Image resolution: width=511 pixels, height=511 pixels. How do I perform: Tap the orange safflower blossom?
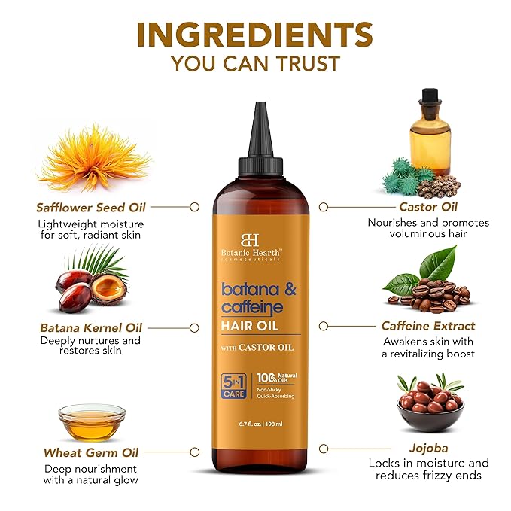coord(93,159)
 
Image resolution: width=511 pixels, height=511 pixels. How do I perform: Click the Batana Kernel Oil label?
coord(90,328)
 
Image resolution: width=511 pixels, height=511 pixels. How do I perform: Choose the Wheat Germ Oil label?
coord(90,453)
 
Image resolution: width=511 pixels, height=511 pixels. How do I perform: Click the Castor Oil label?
coord(428,206)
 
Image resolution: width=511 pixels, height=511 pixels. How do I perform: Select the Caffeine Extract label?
coord(428,326)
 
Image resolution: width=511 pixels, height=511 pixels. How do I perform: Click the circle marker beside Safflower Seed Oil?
coord(194,206)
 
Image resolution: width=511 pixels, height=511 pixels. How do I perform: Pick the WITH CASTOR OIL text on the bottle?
coord(257,346)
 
